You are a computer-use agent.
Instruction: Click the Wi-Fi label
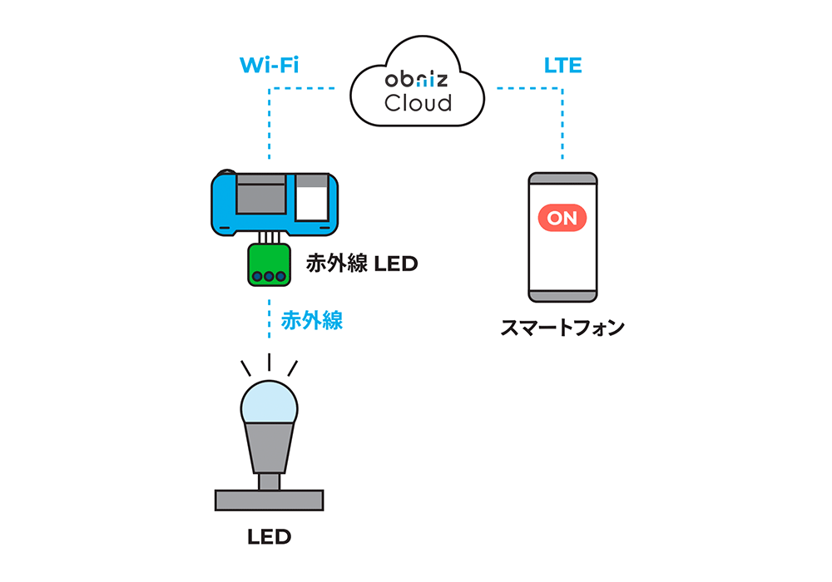tap(269, 66)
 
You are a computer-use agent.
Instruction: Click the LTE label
tap(562, 66)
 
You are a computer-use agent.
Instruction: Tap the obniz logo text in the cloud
tap(417, 80)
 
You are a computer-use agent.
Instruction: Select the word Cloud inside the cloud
tap(418, 104)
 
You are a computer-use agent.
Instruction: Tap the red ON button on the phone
tap(562, 218)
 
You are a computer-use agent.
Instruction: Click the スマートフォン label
tap(562, 328)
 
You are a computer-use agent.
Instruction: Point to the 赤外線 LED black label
tap(361, 264)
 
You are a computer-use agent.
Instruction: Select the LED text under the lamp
tap(269, 537)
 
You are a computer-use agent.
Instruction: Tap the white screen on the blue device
tap(311, 201)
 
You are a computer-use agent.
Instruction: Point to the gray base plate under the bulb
tap(269, 500)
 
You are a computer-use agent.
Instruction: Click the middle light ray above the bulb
tap(269, 363)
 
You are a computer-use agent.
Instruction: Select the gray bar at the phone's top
tap(562, 181)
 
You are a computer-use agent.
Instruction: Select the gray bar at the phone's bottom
tap(562, 293)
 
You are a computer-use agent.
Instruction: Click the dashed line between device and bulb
tap(269, 320)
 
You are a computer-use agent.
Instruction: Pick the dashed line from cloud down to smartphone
tap(562, 125)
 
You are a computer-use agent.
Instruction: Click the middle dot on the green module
tap(269, 276)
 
